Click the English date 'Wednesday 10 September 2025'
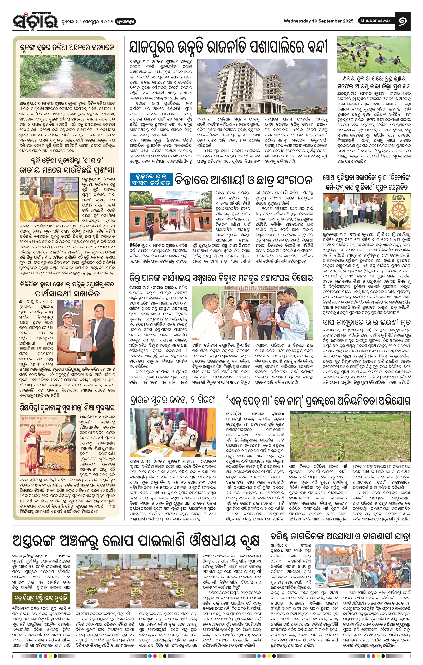point(318,21)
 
